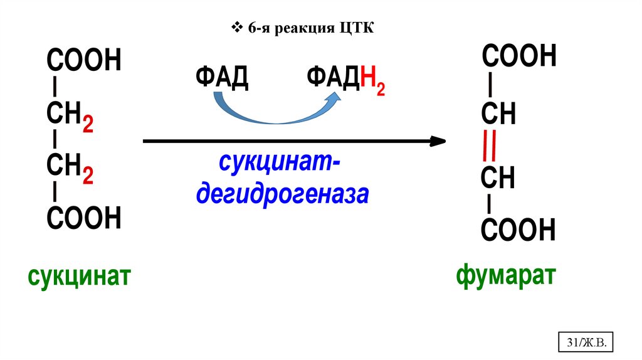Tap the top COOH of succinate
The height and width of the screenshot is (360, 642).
[x=83, y=61]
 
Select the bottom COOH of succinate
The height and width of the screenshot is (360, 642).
[x=83, y=218]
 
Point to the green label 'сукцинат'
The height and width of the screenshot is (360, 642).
[x=78, y=275]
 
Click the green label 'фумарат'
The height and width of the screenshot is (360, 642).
[x=506, y=274]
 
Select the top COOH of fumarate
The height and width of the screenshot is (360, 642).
[x=518, y=56]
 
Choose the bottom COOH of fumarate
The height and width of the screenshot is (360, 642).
[x=518, y=231]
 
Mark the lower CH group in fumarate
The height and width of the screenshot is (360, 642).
[x=498, y=178]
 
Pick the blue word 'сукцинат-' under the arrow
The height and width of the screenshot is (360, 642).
[x=280, y=164]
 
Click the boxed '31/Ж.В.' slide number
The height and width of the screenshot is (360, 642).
[x=584, y=343]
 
